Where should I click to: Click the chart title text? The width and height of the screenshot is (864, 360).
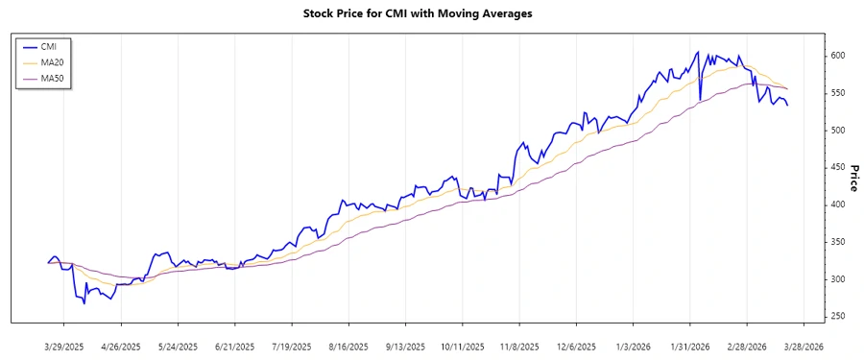pyautogui.click(x=431, y=14)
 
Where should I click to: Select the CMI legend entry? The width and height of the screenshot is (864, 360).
pyautogui.click(x=48, y=46)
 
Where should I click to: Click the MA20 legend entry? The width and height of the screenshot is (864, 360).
pyautogui.click(x=52, y=62)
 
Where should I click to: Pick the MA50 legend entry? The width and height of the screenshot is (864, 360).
pyautogui.click(x=52, y=78)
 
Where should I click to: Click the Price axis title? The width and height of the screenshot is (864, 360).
pyautogui.click(x=853, y=178)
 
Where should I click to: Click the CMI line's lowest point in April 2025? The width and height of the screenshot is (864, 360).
pyautogui.click(x=84, y=303)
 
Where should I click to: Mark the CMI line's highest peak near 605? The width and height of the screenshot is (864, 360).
pyautogui.click(x=697, y=52)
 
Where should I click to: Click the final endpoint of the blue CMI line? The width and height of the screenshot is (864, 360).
pyautogui.click(x=788, y=105)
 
